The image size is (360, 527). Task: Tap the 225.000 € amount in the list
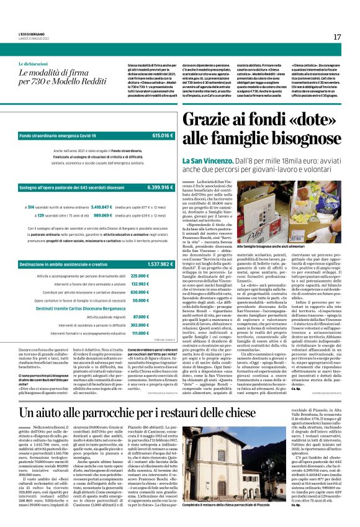click(x=140, y=258)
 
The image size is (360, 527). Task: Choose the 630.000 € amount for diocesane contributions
click(x=140, y=274)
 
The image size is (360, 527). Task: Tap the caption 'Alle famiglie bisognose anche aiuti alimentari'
click(x=257, y=247)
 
